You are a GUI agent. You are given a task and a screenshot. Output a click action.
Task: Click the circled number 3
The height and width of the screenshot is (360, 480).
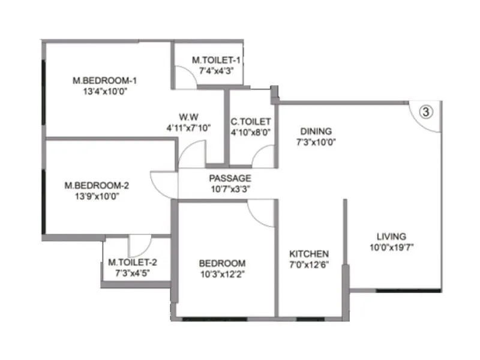click(425, 112)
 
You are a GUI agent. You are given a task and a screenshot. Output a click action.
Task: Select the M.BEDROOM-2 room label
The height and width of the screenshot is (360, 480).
click(97, 185)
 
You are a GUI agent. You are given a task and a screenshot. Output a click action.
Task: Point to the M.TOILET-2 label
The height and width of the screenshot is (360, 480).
click(133, 262)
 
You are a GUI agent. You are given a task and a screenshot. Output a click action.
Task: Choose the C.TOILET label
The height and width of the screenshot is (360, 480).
click(251, 122)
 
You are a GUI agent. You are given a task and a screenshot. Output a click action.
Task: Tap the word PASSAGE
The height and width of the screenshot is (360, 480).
click(230, 178)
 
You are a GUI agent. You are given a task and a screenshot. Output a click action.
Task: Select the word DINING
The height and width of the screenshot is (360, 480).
click(316, 131)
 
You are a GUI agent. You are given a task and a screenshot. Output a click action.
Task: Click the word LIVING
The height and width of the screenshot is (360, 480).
click(391, 236)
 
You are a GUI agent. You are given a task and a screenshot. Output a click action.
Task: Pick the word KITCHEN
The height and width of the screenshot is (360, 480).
click(309, 254)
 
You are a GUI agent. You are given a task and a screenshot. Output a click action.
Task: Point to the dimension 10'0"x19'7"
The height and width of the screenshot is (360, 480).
click(392, 247)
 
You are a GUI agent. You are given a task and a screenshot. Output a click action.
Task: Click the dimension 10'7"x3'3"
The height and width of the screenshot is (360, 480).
click(230, 189)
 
